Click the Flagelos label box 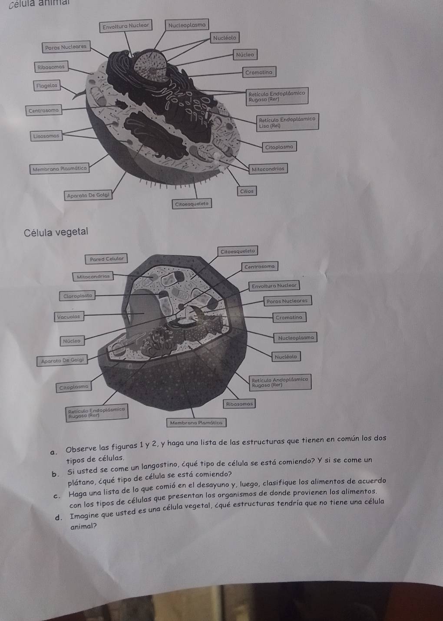[x=47, y=85]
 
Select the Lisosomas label [x=46, y=136]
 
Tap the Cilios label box [x=247, y=191]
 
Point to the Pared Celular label [x=106, y=259]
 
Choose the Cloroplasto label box [x=77, y=296]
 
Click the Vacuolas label [x=69, y=317]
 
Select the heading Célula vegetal [x=56, y=232]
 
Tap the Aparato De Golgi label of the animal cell [x=88, y=195]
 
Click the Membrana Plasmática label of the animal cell [x=60, y=168]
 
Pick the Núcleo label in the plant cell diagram [x=72, y=341]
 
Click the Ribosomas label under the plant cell [x=239, y=404]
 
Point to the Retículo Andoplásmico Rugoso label [x=280, y=382]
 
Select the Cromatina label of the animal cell [x=259, y=72]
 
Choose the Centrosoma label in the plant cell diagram [x=259, y=267]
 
